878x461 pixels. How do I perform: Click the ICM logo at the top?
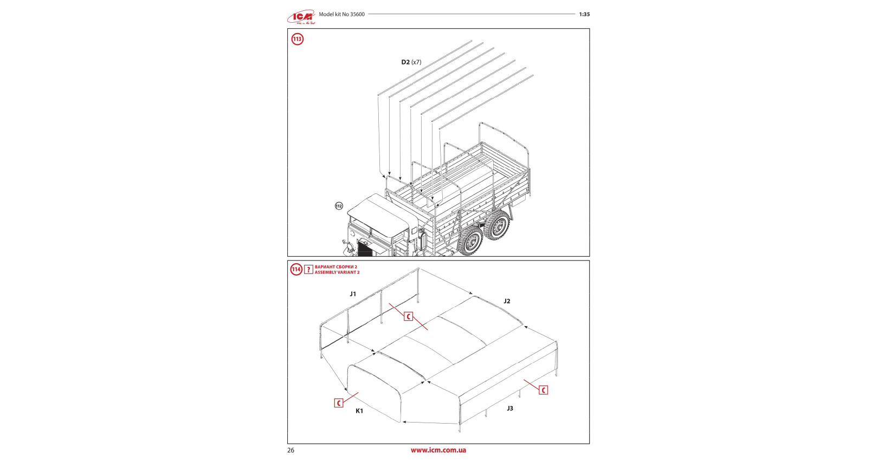coord(301,17)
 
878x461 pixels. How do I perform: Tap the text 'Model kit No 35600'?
coord(341,15)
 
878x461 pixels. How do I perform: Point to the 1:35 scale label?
coord(584,15)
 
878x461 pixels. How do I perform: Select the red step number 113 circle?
coord(298,39)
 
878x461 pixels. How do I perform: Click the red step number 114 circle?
coord(296,269)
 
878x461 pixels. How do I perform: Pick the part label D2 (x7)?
coord(411,62)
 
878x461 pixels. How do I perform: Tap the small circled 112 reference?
coord(339,206)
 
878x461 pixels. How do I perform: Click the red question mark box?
coord(308,269)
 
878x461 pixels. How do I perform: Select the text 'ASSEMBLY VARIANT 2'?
coord(337,272)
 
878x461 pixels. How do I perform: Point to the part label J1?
coord(353,294)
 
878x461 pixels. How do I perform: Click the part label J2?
coord(507,301)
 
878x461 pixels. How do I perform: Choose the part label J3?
coord(509,408)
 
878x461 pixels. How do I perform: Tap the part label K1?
coord(359,411)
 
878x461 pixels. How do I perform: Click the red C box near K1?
coord(339,403)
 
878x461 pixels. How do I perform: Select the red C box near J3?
coord(543,390)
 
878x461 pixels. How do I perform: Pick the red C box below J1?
coord(408,316)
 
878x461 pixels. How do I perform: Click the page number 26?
coord(291,450)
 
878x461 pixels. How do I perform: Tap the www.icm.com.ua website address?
coord(438,450)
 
